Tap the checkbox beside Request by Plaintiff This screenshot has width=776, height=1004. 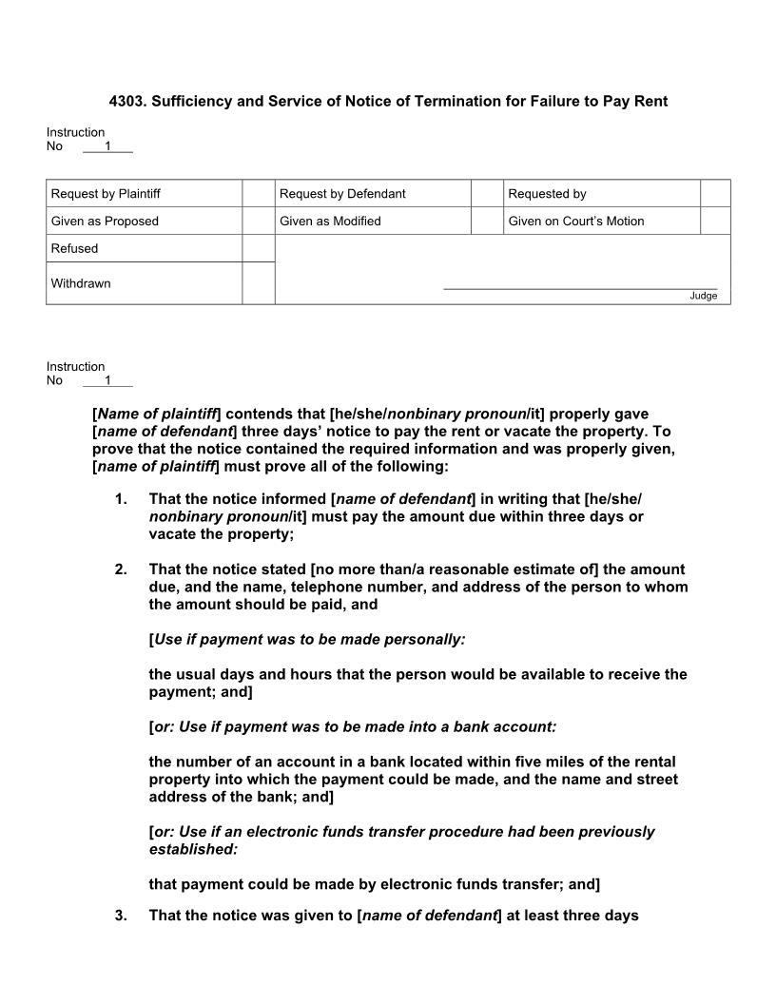(x=258, y=193)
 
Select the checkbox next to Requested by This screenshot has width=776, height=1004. (x=715, y=193)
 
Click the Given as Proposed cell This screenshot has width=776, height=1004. (x=105, y=221)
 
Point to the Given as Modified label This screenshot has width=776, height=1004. (x=330, y=221)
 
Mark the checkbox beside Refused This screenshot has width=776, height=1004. (x=258, y=248)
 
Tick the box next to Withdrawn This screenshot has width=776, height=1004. (x=258, y=283)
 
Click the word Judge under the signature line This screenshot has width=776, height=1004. (x=703, y=296)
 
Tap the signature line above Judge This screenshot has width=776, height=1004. (x=580, y=288)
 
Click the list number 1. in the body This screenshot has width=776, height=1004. (x=120, y=499)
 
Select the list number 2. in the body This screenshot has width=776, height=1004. (x=120, y=570)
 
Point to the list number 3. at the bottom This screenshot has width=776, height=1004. (x=120, y=916)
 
